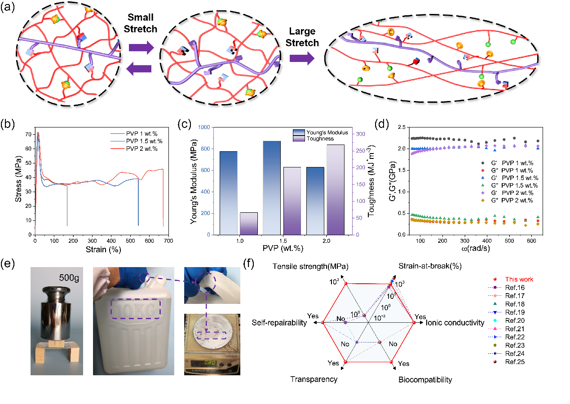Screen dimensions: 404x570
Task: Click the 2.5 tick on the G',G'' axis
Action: point(390,127)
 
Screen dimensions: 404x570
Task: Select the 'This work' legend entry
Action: point(519,279)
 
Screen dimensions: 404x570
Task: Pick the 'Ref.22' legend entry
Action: point(515,337)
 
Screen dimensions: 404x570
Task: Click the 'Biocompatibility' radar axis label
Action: point(425,380)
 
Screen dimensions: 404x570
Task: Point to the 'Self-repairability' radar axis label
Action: point(279,323)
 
